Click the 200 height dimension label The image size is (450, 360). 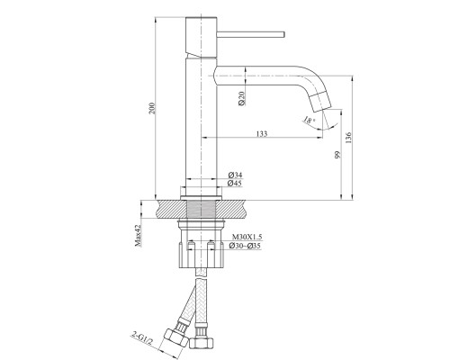point(152,108)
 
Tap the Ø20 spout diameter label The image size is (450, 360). point(242,98)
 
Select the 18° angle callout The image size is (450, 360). point(309,121)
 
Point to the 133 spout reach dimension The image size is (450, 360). point(262,133)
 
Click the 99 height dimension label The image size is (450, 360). point(338,155)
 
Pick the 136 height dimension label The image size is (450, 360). point(348,138)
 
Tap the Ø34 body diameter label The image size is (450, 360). point(235,175)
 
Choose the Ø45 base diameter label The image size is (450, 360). point(235,183)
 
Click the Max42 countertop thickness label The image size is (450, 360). point(138,236)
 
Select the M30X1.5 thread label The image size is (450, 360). point(247,237)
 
